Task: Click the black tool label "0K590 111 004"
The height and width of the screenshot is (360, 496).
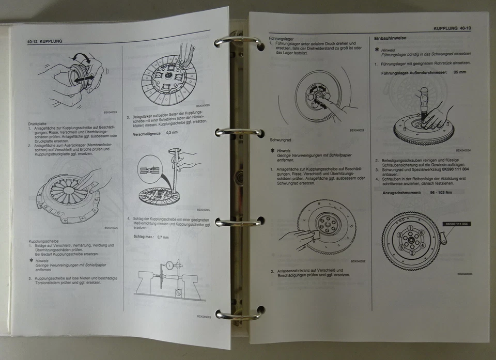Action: coord(456,224)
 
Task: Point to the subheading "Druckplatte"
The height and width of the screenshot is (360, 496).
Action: coord(39,124)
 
